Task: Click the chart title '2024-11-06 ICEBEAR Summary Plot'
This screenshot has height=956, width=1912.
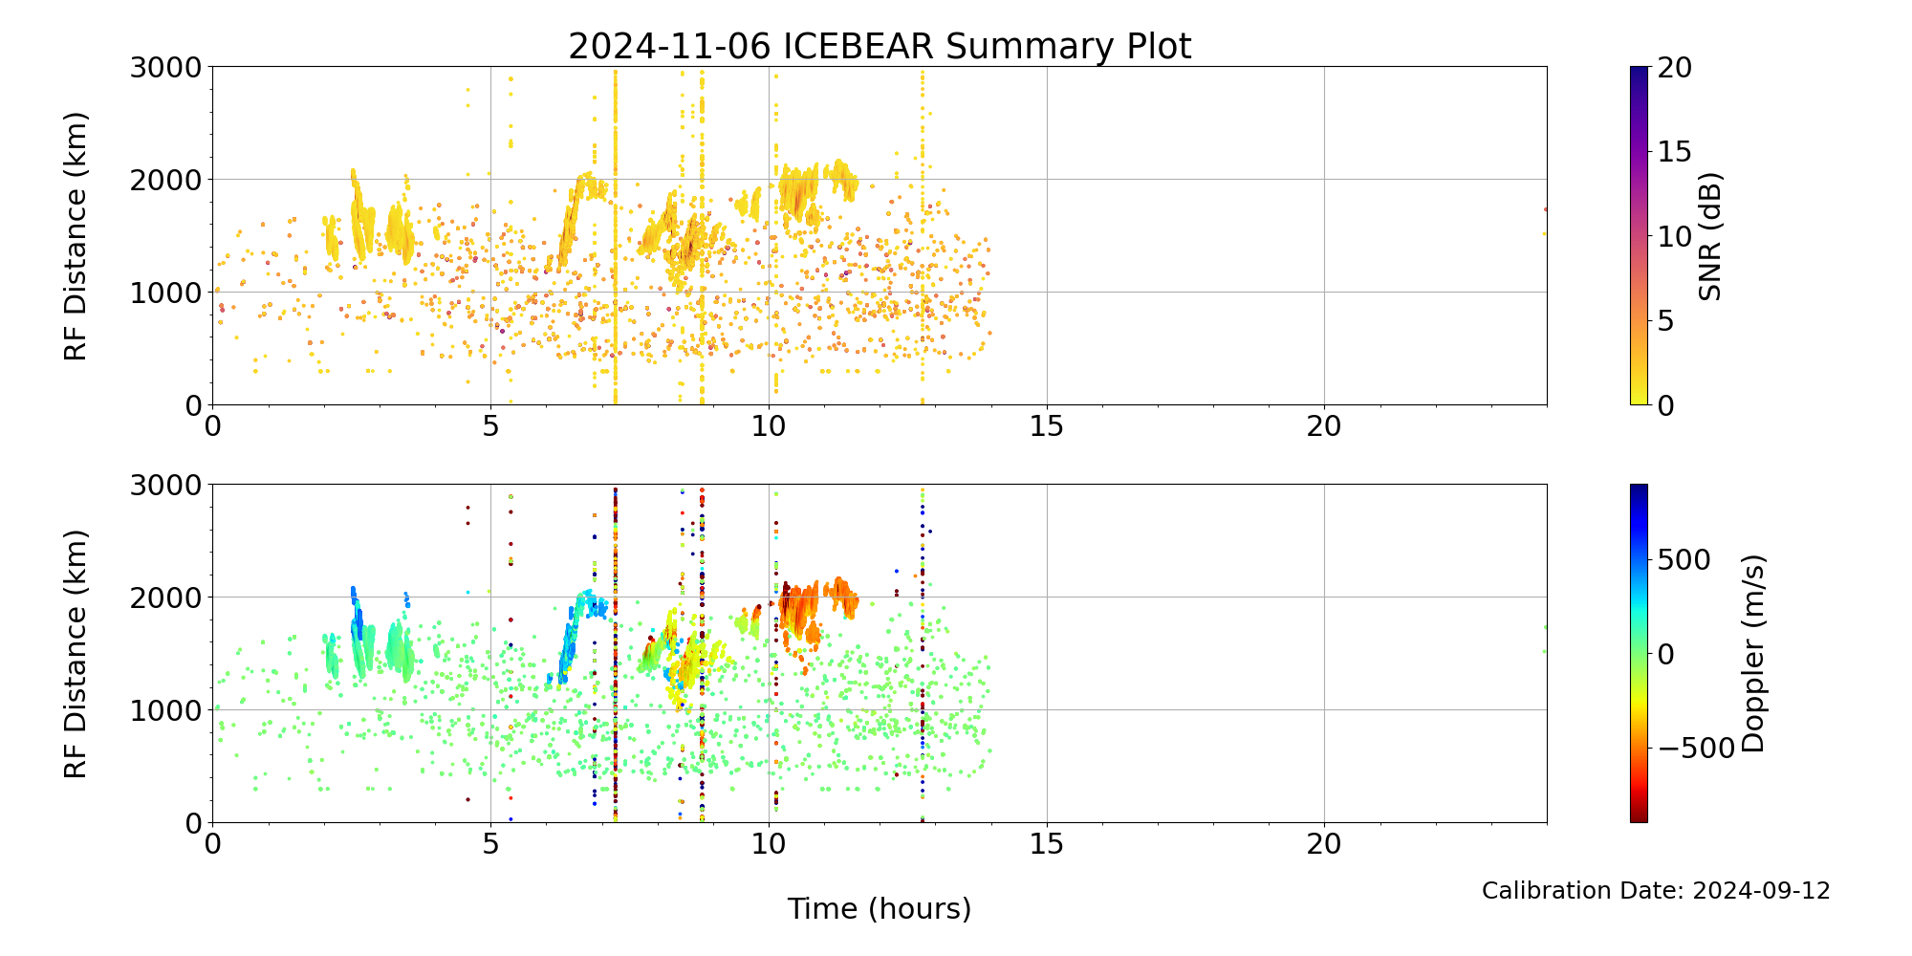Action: point(880,46)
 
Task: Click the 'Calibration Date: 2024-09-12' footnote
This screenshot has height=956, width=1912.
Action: point(1656,891)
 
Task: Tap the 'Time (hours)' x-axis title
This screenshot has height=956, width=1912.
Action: point(880,908)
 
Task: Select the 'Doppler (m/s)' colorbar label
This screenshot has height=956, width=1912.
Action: point(1753,653)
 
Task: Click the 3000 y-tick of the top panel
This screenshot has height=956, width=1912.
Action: point(166,68)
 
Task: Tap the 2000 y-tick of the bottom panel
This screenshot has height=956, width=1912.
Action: point(166,597)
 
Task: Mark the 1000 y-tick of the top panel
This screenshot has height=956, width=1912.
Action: point(166,293)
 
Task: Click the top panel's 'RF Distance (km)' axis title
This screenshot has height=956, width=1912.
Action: point(76,236)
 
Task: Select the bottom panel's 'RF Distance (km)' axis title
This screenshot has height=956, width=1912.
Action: point(76,653)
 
